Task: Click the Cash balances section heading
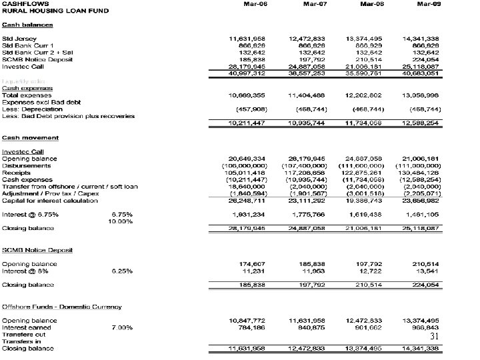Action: (x=27, y=25)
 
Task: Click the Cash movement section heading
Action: (x=30, y=138)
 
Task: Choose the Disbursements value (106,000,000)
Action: (x=247, y=165)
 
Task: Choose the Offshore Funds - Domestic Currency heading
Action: (x=62, y=307)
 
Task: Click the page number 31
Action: (x=434, y=337)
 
